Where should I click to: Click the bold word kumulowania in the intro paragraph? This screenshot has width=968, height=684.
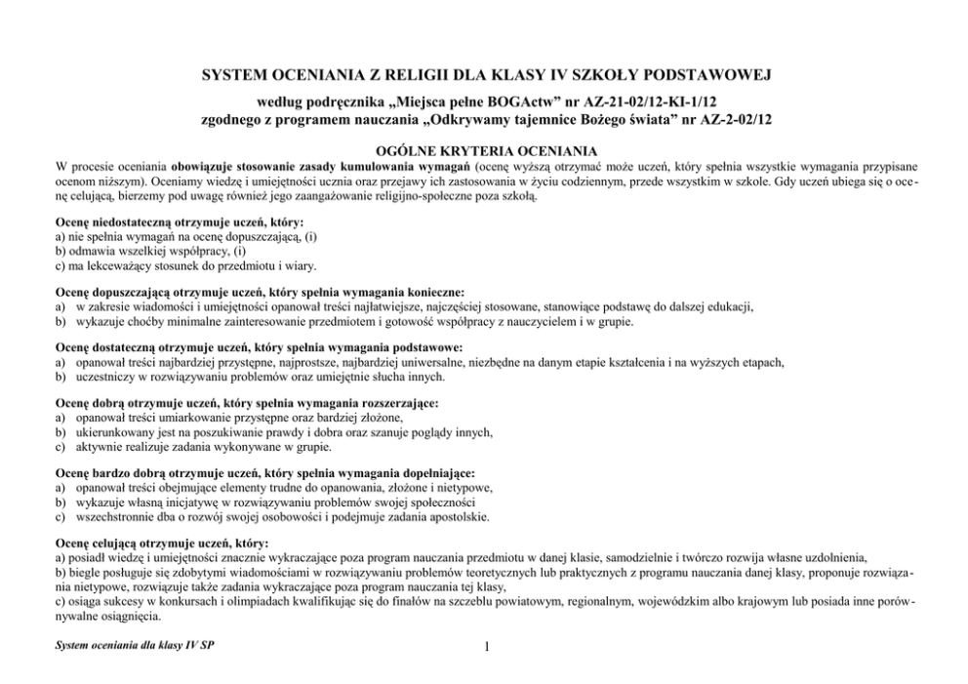[x=358, y=167]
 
